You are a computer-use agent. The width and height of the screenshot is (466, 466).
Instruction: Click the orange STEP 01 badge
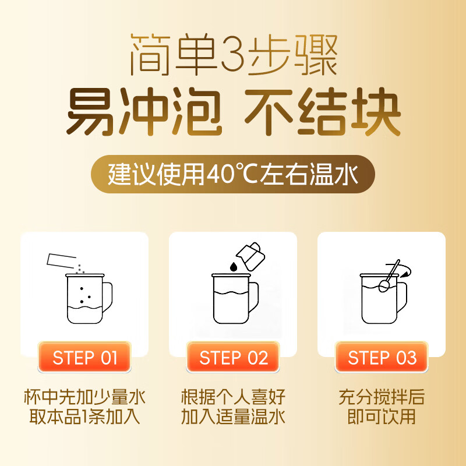84,357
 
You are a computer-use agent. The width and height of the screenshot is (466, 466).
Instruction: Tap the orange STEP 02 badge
233,357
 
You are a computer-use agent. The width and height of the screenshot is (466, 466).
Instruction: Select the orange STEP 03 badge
382,357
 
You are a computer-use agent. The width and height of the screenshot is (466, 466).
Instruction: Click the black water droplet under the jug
233,266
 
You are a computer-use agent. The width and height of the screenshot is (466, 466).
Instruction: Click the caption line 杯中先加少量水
84,398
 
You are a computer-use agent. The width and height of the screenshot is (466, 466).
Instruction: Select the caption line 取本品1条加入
84,417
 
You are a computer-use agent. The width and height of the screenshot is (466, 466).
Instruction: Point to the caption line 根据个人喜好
233,398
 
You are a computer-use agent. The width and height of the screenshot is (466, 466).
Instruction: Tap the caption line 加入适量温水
233,417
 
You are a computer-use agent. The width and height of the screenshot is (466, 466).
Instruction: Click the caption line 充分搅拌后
382,398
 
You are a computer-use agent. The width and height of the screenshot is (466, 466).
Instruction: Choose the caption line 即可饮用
382,417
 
